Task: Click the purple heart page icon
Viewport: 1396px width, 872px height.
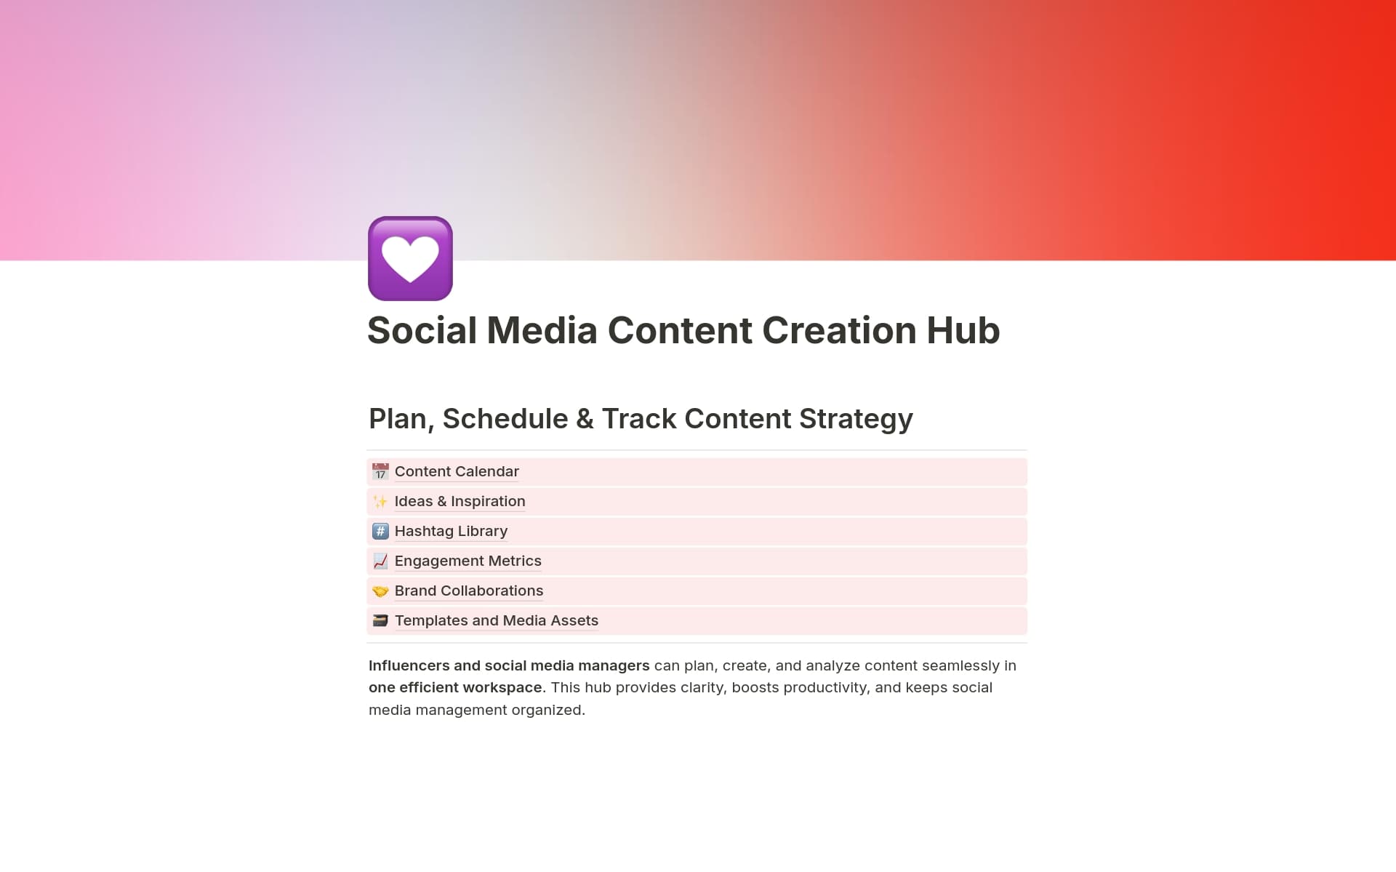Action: pyautogui.click(x=410, y=258)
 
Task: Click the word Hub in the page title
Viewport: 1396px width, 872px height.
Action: pyautogui.click(x=963, y=330)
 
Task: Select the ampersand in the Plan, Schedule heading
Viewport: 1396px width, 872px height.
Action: pyautogui.click(x=585, y=419)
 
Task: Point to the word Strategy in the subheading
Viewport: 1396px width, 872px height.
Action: pyautogui.click(x=855, y=419)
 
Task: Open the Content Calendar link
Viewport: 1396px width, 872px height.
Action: pyautogui.click(x=457, y=471)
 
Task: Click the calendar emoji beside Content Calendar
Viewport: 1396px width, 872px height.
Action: pyautogui.click(x=380, y=472)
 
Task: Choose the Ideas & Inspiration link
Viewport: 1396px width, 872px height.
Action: pyautogui.click(x=460, y=501)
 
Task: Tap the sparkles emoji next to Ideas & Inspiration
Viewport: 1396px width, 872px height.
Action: pyautogui.click(x=380, y=502)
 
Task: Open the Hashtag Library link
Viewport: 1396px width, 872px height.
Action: pyautogui.click(x=451, y=531)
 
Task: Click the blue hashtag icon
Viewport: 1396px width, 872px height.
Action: pyautogui.click(x=380, y=532)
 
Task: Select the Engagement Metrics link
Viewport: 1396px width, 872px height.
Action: pyautogui.click(x=468, y=561)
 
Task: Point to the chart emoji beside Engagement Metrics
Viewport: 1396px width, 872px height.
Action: pyautogui.click(x=380, y=561)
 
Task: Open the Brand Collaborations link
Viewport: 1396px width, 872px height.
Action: pyautogui.click(x=469, y=591)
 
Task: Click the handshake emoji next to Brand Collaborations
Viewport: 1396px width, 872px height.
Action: pyautogui.click(x=380, y=591)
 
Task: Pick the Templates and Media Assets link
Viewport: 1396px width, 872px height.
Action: pyautogui.click(x=496, y=620)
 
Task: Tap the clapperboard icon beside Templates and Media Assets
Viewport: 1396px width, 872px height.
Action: pyautogui.click(x=380, y=621)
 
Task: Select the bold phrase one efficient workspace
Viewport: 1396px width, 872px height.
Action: pyautogui.click(x=455, y=687)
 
